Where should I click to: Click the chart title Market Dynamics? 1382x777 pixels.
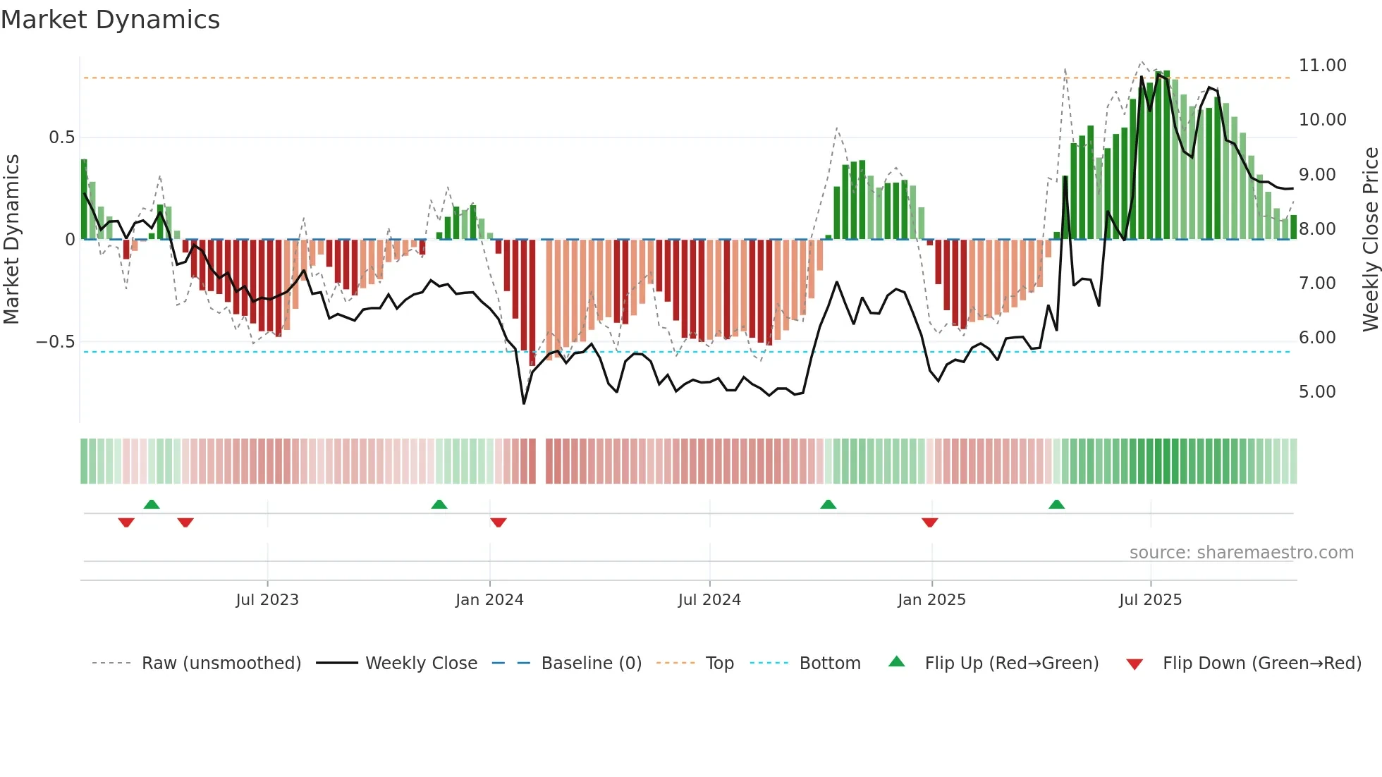pos(110,20)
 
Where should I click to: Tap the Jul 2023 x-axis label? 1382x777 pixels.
pos(267,600)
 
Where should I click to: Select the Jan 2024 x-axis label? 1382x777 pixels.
pos(489,600)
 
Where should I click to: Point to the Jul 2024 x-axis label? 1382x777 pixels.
pos(709,600)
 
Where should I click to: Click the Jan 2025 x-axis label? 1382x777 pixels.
pos(931,600)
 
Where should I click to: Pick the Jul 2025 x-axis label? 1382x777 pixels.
pos(1150,600)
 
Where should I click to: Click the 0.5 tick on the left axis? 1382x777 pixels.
pos(61,137)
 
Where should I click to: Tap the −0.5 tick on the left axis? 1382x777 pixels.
pos(56,342)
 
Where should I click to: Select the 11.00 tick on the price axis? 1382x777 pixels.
pos(1322,66)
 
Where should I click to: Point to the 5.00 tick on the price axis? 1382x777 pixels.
pos(1317,392)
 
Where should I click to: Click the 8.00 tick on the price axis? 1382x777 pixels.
pos(1317,229)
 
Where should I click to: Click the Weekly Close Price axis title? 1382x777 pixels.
pos(1370,239)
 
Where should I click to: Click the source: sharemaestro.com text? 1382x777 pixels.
pos(1241,553)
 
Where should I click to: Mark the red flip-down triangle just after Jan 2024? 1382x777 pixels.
pos(499,522)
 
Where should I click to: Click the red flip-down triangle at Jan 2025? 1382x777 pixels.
pos(929,522)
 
